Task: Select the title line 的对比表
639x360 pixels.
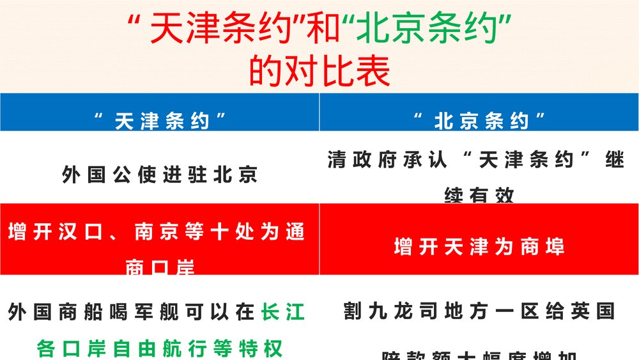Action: point(319,72)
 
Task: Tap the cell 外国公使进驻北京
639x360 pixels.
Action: point(160,175)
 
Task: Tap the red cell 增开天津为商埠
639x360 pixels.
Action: point(479,247)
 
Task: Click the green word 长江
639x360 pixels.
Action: point(283,312)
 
